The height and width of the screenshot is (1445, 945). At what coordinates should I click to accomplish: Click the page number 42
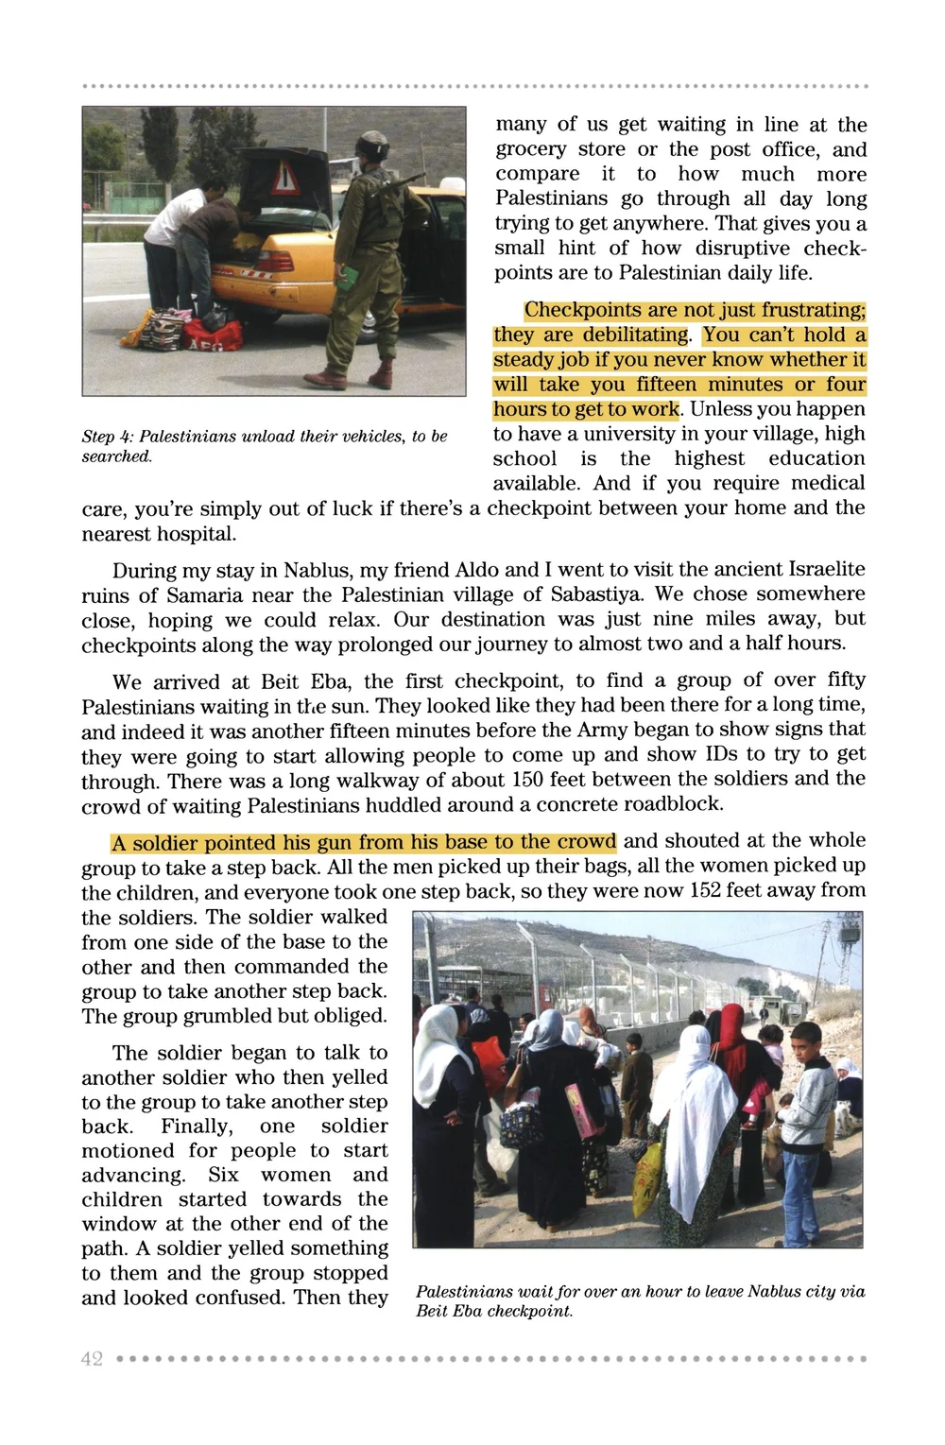pos(92,1359)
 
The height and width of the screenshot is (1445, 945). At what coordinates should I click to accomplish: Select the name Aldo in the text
pos(476,570)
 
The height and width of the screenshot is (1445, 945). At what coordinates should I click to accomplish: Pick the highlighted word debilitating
pos(636,335)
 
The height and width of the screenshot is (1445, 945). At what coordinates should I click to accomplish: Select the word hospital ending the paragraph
pos(198,534)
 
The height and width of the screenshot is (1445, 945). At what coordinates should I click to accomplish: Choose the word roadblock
pos(673,804)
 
